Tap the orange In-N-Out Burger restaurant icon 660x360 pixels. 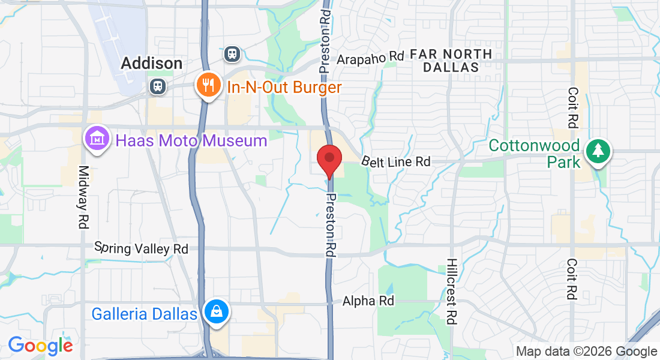tap(208, 86)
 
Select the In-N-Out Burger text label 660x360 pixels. tap(284, 88)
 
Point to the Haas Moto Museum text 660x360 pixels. tap(191, 141)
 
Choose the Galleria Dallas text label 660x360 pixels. tap(144, 314)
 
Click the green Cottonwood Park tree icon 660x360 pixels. tap(598, 151)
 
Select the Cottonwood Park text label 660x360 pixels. tap(533, 154)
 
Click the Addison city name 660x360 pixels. tap(151, 63)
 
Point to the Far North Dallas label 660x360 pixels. tap(451, 61)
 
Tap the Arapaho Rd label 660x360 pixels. tap(370, 58)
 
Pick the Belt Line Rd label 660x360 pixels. tap(396, 161)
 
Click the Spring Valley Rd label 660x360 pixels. tap(142, 248)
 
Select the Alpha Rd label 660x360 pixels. tap(368, 301)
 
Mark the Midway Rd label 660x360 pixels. tap(83, 196)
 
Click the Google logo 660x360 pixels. tap(40, 346)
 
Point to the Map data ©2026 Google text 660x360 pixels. tap(586, 351)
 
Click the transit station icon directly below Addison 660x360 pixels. tap(158, 86)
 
